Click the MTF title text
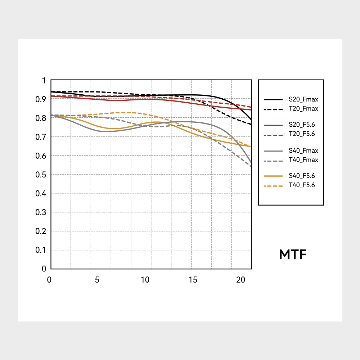point(293,255)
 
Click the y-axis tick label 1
point(44,81)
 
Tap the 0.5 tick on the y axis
point(41,175)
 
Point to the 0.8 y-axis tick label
point(41,118)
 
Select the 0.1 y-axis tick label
point(41,250)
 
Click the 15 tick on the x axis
point(193,280)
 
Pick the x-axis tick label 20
point(240,280)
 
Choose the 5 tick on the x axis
point(97,280)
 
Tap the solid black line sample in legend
point(273,99)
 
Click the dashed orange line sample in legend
point(273,185)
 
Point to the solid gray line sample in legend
point(273,151)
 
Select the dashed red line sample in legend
point(273,134)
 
